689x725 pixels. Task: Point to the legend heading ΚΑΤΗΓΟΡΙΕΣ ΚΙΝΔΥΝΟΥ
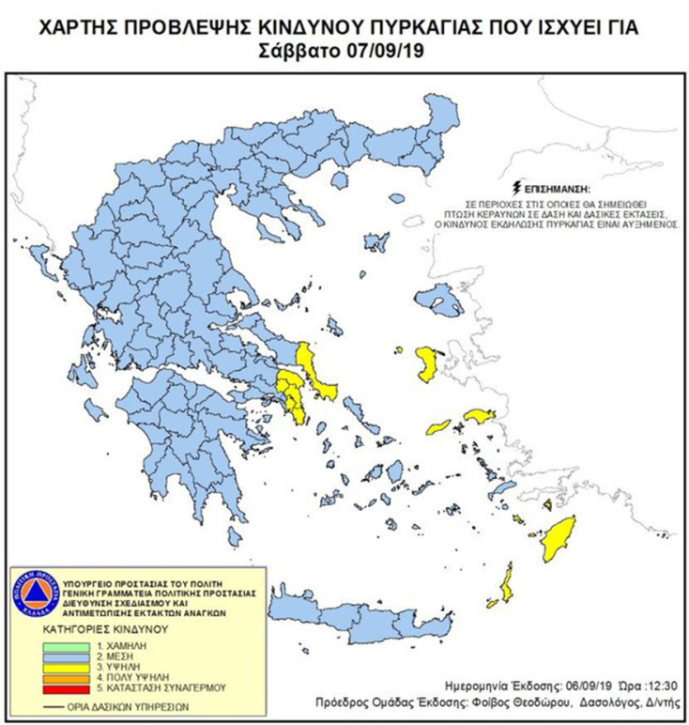point(104,628)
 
